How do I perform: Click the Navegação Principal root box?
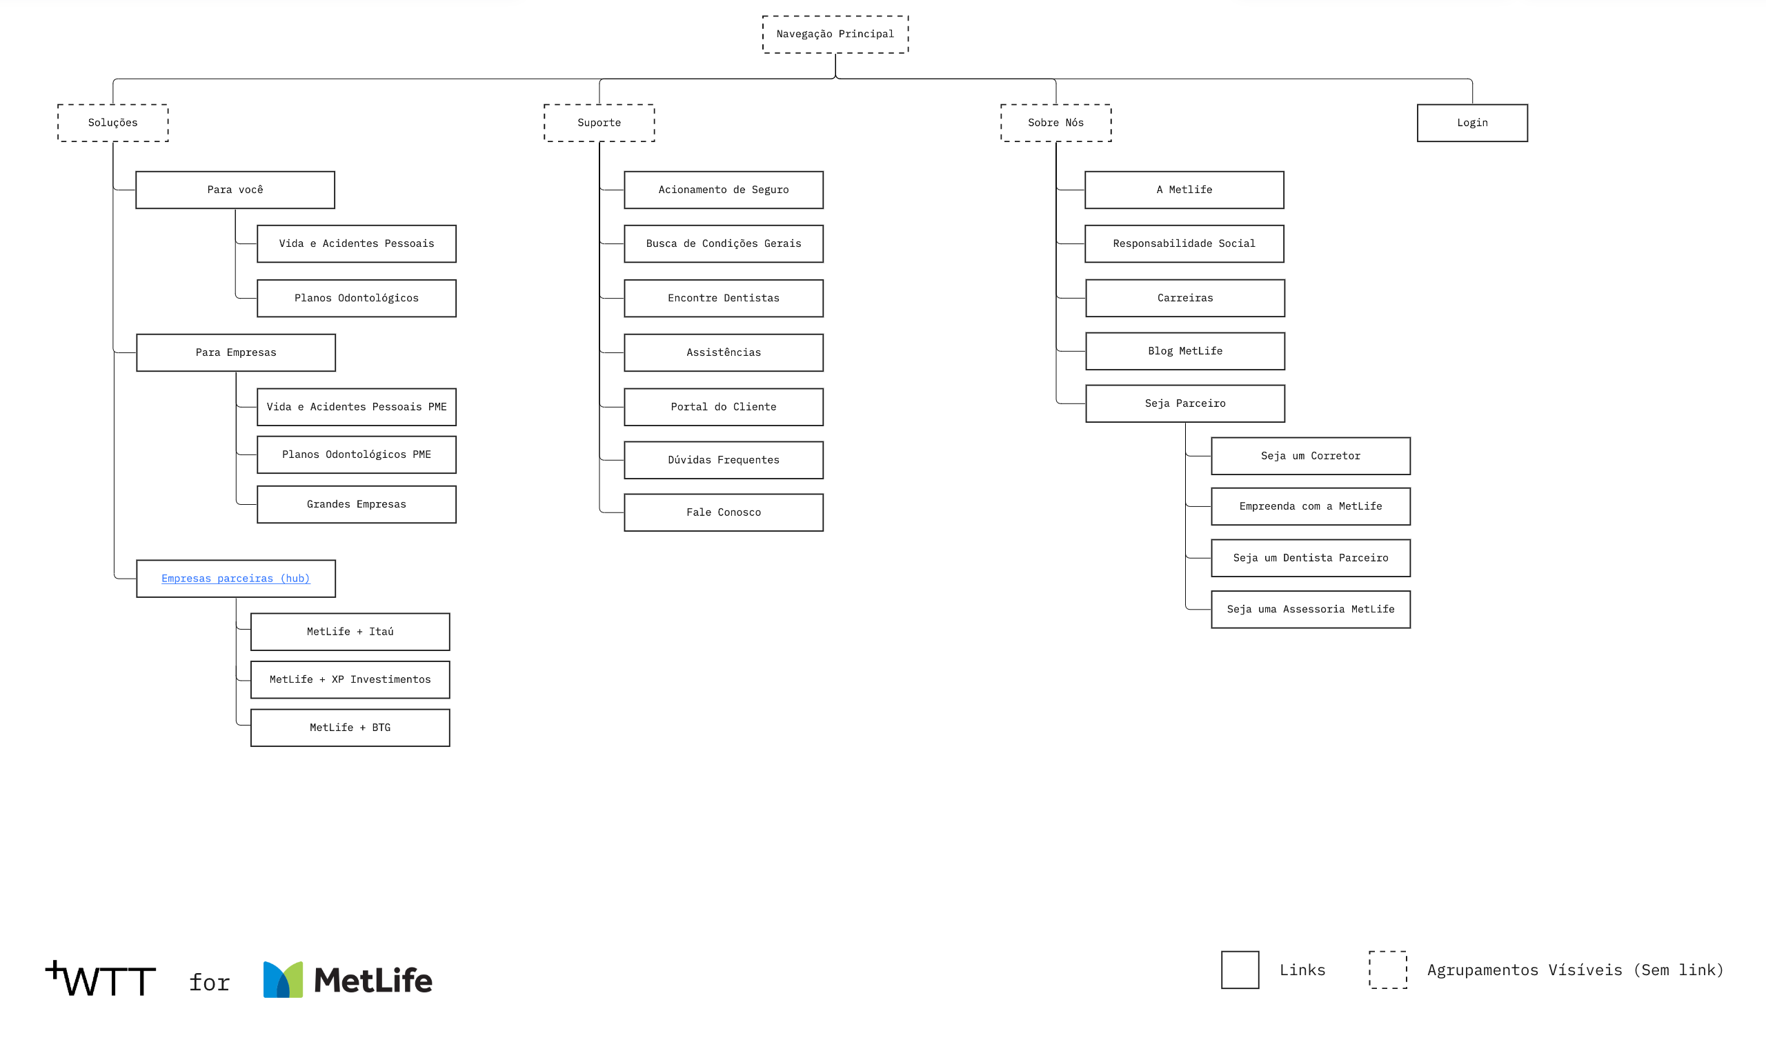point(835,34)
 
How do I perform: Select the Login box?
point(1472,123)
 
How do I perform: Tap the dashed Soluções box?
point(113,123)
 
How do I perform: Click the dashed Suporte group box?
point(599,123)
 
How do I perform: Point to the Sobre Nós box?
point(1056,123)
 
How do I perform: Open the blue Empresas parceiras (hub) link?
point(235,578)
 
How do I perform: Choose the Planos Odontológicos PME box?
point(357,454)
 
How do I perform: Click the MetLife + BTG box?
point(350,728)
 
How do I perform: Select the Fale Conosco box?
point(724,512)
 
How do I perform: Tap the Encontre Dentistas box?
point(724,299)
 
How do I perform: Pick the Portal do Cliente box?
point(724,407)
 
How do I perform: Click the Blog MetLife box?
point(1185,351)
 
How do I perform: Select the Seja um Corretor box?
point(1311,457)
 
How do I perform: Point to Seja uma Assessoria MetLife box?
point(1311,610)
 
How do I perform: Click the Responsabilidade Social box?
point(1184,244)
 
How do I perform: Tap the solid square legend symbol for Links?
point(1240,970)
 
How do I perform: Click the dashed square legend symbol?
point(1388,970)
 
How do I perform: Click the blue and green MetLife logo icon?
point(283,980)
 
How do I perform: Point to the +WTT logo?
point(101,979)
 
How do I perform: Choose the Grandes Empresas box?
point(357,505)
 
